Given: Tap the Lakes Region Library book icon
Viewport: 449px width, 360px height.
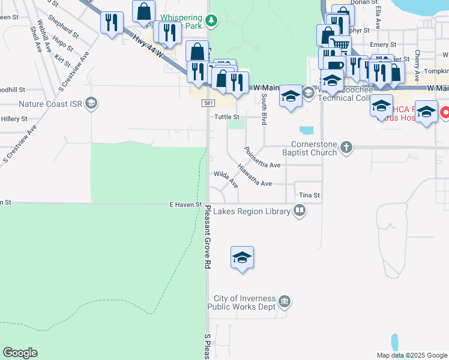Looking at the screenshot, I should tap(299, 211).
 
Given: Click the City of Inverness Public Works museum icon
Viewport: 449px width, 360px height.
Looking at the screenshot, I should tap(285, 301).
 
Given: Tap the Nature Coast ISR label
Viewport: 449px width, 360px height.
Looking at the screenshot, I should tap(50, 104).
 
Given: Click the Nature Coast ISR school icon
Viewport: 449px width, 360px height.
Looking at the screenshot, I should tap(91, 104).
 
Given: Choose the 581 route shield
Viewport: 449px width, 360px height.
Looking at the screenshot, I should tap(206, 104).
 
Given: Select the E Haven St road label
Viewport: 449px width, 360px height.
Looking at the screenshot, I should tap(185, 205).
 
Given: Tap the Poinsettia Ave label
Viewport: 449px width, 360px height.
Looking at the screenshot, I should tap(262, 157).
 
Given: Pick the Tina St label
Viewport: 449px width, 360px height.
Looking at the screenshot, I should tap(309, 196).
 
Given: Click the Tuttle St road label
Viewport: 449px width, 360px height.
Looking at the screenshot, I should tap(227, 117).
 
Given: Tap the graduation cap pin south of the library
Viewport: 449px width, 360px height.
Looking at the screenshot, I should tap(242, 259).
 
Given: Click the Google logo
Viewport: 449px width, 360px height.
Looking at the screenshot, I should tap(20, 353).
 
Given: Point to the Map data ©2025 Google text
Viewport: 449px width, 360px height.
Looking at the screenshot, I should tap(411, 355).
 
